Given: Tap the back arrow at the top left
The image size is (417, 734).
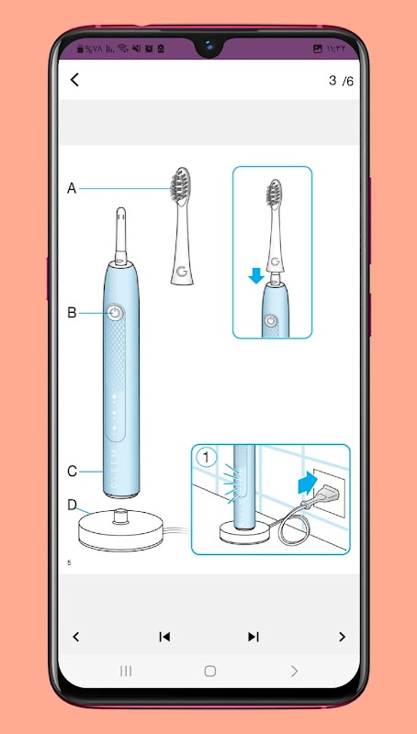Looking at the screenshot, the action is [74, 80].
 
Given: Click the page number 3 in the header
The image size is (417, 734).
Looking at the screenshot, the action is [332, 81].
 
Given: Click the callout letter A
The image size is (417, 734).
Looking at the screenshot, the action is [72, 189].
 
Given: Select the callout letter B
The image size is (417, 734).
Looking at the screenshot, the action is [72, 313].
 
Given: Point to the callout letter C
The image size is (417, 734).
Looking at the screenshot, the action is [72, 472].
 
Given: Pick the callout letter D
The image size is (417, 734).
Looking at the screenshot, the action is [73, 505].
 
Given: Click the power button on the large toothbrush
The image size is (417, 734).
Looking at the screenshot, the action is [115, 313].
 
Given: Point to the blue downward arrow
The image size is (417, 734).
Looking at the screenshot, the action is [256, 276].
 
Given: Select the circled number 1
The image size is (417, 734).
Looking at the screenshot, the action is [206, 457].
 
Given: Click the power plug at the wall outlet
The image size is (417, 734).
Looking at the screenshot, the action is [323, 495].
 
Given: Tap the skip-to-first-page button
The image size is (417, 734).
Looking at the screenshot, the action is [164, 637].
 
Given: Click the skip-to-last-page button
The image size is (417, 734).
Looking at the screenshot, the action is [254, 637].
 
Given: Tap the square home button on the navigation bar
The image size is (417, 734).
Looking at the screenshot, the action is [210, 672].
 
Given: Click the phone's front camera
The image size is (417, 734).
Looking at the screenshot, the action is [209, 47].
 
